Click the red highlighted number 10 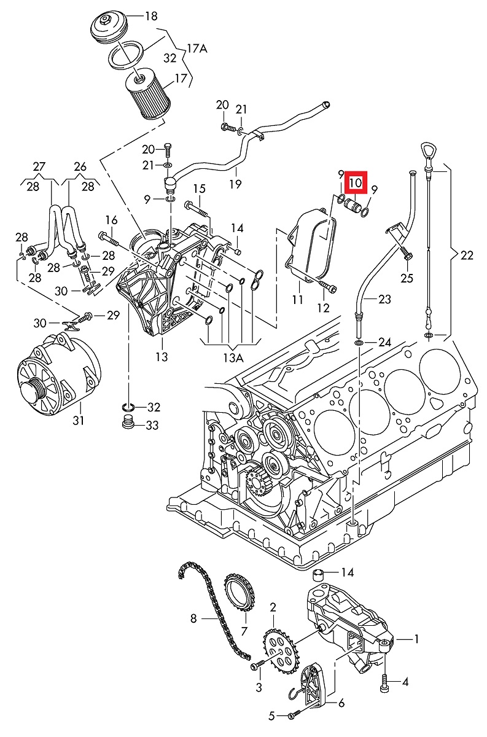pos(356,183)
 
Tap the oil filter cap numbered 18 pos(109,28)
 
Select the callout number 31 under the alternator pos(79,421)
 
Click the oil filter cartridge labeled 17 pos(147,97)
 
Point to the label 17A pos(197,47)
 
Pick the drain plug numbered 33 pos(128,424)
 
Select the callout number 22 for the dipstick pos(467,255)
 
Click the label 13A pos(233,358)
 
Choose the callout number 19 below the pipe pos(235,183)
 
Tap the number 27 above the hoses pos(39,166)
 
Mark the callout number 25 pos(407,278)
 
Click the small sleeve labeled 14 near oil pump pos(319,574)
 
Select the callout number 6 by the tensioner pos(341,703)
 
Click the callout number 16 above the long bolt pos(111,220)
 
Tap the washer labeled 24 pos(358,341)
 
